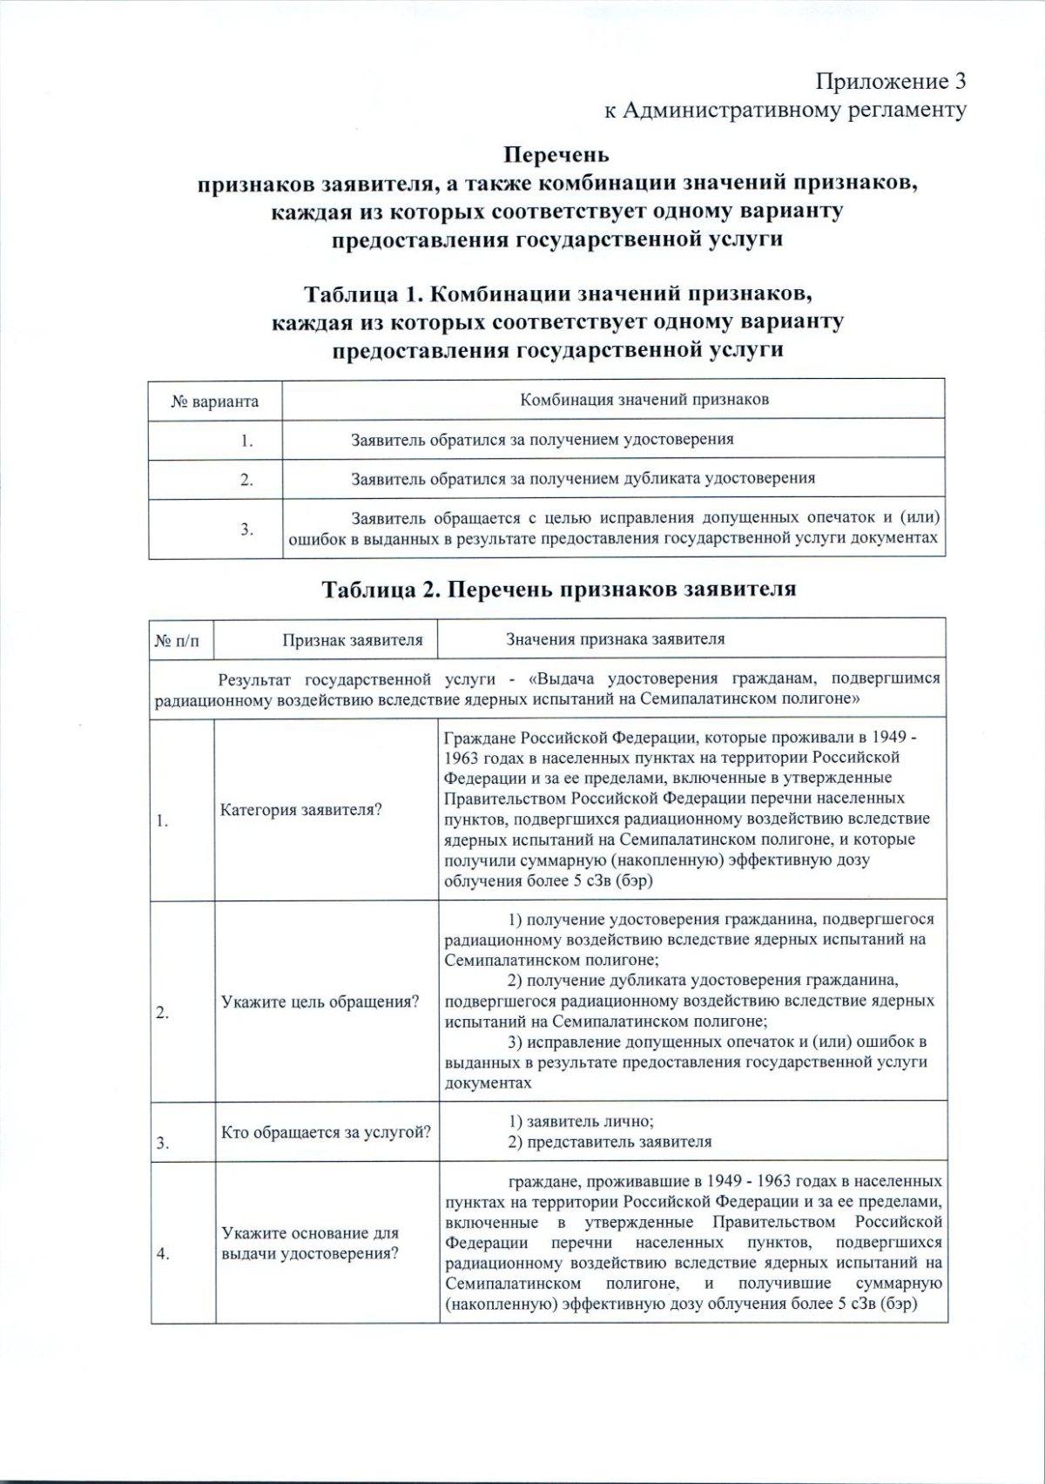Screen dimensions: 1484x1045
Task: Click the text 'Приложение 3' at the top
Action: [x=890, y=82]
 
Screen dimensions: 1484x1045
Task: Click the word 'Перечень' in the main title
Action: [x=556, y=155]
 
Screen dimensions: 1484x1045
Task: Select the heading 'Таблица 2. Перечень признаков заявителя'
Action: [x=559, y=590]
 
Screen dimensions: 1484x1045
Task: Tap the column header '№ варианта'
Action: [x=215, y=401]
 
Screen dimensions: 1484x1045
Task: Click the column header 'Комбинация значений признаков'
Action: [x=644, y=400]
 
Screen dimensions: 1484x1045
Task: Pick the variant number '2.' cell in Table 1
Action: [x=247, y=480]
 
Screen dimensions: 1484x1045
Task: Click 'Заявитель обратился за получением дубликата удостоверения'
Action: [x=583, y=478]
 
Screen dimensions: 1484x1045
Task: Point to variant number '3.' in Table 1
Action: [x=247, y=529]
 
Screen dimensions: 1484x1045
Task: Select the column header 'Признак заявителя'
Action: [x=352, y=640]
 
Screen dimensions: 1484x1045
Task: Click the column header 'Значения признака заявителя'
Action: [x=615, y=639]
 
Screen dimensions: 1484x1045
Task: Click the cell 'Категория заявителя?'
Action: [x=301, y=810]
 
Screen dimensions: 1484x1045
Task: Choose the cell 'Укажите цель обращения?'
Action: [x=320, y=1002]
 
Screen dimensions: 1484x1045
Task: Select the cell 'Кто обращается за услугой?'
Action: [x=326, y=1132]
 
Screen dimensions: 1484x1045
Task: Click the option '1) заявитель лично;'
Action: [x=581, y=1122]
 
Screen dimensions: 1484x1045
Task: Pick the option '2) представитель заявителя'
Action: [x=610, y=1142]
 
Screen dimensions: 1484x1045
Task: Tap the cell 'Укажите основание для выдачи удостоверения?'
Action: [x=310, y=1243]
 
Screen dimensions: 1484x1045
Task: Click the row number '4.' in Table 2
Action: [x=163, y=1254]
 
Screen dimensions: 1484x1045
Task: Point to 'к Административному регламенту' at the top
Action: [x=785, y=110]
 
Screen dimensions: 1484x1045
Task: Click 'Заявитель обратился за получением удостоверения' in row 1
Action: [x=542, y=440]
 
